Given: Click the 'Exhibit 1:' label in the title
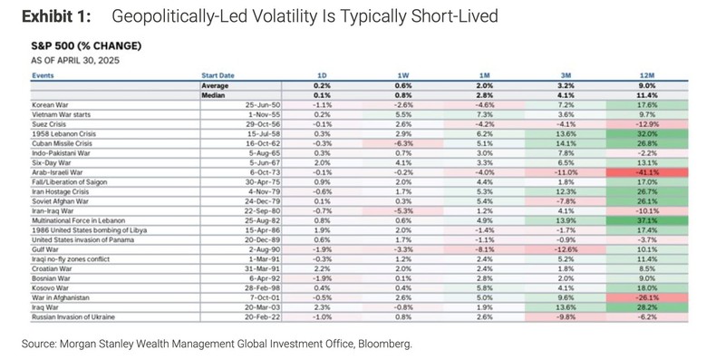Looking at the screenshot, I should [55, 17].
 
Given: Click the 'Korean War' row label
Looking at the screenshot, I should [52, 105].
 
